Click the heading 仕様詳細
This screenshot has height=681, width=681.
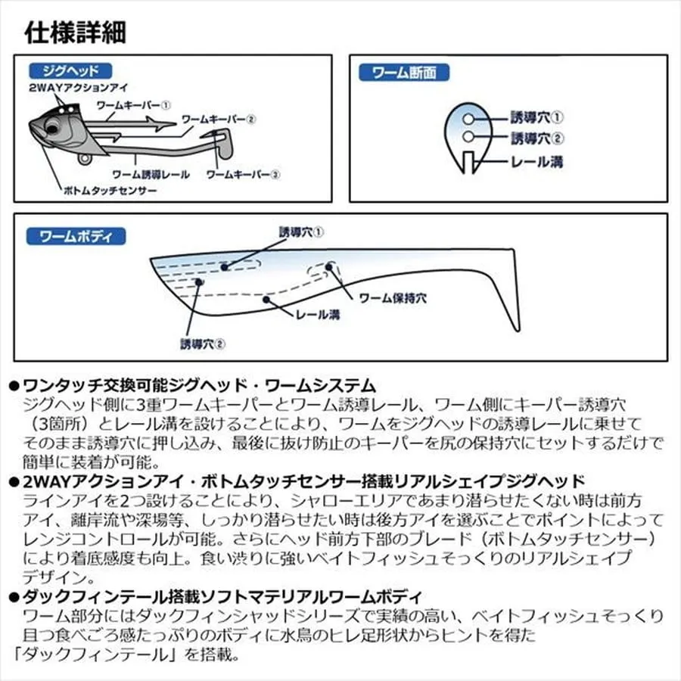76,33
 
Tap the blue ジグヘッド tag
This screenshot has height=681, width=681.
70,71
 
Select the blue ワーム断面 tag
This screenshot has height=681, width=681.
404,73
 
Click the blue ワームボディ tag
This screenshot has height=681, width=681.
76,236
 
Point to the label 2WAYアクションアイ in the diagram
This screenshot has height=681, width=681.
79,87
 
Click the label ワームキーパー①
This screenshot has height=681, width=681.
133,105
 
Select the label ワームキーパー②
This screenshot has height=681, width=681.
219,120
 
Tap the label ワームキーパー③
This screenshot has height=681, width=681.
243,175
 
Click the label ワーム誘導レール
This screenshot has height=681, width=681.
151,175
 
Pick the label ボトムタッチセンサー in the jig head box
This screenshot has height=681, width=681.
110,190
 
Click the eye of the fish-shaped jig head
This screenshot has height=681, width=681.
52,129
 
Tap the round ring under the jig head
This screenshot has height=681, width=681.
85,159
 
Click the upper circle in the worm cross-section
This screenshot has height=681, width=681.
468,119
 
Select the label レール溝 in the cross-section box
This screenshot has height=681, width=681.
537,162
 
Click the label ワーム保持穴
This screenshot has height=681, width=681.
393,298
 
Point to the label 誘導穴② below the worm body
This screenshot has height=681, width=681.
203,344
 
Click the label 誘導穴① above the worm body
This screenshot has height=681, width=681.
301,232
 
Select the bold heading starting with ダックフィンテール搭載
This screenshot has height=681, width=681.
222,597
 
